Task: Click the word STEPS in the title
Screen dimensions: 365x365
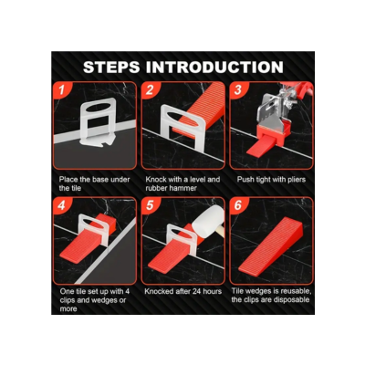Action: point(111,68)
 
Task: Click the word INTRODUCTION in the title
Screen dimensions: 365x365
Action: point(214,68)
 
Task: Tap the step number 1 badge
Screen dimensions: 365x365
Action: point(62,89)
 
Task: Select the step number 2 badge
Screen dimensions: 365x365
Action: point(150,89)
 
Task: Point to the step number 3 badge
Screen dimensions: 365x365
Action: point(237,89)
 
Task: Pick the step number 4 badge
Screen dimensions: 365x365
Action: point(62,205)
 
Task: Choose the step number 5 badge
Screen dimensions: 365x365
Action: point(150,205)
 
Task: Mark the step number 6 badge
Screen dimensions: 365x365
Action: point(237,205)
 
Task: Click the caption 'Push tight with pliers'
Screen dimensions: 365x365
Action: point(271,180)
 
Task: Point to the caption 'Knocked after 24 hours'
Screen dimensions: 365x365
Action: point(183,291)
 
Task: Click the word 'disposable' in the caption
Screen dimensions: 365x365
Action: point(292,300)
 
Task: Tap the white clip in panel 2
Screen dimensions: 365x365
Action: point(182,128)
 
